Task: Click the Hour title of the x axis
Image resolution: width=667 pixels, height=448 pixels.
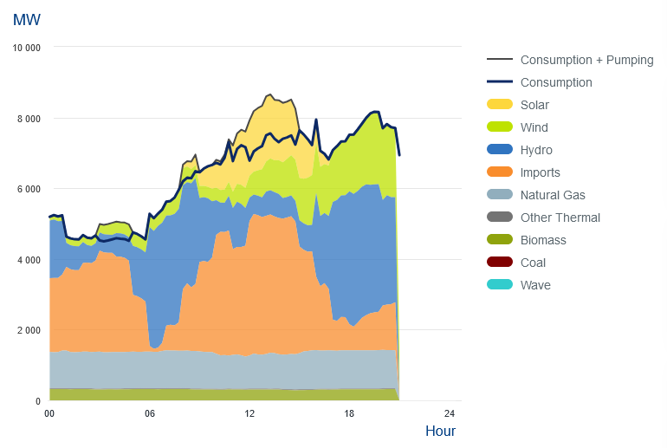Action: (440, 431)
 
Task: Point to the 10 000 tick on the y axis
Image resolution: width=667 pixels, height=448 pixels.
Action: (26, 48)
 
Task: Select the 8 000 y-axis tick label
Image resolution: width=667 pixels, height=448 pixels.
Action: (29, 119)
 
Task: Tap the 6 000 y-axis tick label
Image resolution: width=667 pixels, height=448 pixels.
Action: (29, 189)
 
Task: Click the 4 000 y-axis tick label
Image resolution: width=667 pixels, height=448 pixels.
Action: (29, 260)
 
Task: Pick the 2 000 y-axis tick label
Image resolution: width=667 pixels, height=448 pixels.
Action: (29, 331)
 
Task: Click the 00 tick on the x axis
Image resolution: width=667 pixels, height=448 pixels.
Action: (49, 413)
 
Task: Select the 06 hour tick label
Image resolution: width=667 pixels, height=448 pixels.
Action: (150, 413)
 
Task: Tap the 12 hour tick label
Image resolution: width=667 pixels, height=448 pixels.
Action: (249, 413)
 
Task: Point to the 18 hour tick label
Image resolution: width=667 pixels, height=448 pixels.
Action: (350, 413)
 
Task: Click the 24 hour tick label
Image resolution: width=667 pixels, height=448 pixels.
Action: (450, 413)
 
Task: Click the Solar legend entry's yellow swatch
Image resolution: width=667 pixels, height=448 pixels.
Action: (500, 105)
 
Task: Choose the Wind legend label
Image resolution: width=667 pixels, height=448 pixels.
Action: (534, 127)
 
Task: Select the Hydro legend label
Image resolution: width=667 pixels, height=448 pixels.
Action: (536, 150)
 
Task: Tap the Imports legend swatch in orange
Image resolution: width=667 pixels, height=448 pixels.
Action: (500, 172)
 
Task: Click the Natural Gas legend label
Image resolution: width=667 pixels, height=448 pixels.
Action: (553, 195)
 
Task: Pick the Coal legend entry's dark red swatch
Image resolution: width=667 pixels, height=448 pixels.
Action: (500, 263)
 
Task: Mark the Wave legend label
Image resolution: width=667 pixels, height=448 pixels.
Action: (535, 285)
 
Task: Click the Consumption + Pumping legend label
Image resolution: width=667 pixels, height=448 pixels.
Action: (586, 60)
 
